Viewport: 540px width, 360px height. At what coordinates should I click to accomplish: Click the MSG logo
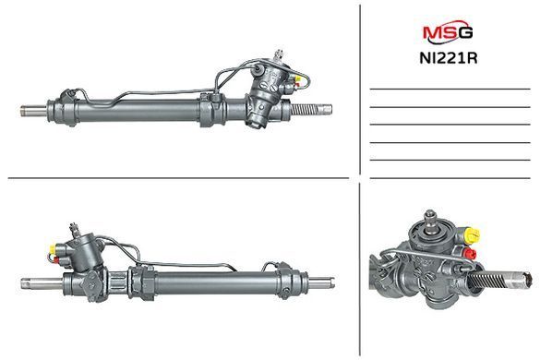[x=448, y=32]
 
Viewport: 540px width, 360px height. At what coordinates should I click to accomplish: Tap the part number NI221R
[x=449, y=58]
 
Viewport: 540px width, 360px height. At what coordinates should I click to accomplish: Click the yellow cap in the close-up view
[x=472, y=235]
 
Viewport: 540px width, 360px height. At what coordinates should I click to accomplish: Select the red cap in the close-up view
[x=470, y=254]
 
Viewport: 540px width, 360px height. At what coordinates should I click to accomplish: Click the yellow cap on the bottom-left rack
[x=53, y=248]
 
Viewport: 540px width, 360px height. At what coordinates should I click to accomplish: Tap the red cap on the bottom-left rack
[x=55, y=259]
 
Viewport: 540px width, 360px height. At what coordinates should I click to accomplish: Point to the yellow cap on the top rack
[x=298, y=78]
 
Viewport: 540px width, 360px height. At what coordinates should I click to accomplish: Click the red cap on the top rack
[x=296, y=85]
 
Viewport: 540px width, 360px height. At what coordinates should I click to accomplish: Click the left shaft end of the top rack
[x=33, y=111]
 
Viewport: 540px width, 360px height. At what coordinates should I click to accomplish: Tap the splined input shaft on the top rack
[x=278, y=55]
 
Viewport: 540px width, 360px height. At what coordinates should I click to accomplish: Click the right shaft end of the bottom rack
[x=321, y=283]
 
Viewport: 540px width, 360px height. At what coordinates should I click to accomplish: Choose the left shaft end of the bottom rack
[x=42, y=283]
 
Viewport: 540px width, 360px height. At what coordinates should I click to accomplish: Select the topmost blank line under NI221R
[x=450, y=90]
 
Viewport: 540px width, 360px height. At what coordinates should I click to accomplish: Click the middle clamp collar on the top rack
[x=211, y=109]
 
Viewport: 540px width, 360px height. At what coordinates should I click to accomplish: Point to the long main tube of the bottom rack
[x=216, y=282]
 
